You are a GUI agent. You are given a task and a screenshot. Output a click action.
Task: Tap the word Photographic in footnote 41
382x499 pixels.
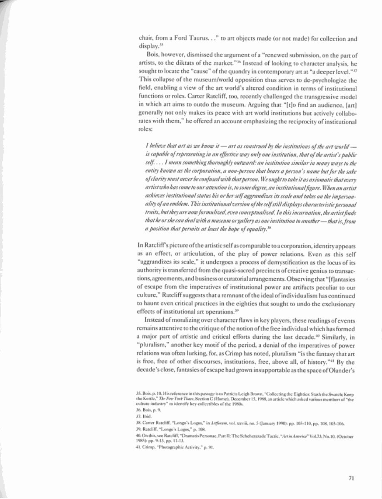tap(173, 449)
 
